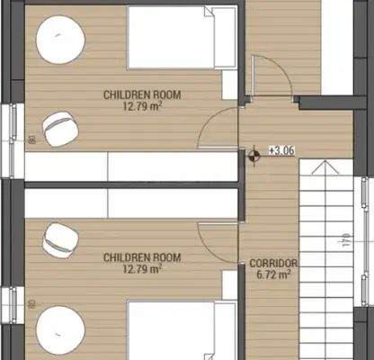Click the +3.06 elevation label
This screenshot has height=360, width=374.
(x=281, y=150)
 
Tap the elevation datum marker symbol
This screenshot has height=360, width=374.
(x=254, y=156)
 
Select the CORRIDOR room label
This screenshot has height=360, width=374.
(x=273, y=264)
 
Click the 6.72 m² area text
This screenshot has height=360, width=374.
(x=273, y=274)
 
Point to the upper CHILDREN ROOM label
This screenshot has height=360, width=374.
(x=142, y=94)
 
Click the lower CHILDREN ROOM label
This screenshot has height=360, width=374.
(x=142, y=257)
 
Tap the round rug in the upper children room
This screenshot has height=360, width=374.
(x=60, y=40)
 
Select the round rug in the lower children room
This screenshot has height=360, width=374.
(x=60, y=330)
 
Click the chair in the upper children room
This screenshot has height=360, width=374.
(x=60, y=129)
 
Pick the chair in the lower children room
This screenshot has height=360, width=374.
(x=60, y=240)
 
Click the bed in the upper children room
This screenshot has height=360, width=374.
(x=182, y=38)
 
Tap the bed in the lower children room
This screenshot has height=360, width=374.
(x=182, y=330)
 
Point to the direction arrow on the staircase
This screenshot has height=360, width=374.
(x=325, y=167)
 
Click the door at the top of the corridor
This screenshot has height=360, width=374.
(x=272, y=75)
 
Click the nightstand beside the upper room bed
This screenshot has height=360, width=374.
(x=229, y=85)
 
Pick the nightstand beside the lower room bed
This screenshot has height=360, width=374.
(x=229, y=285)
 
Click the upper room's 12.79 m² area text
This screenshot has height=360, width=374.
(x=143, y=106)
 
